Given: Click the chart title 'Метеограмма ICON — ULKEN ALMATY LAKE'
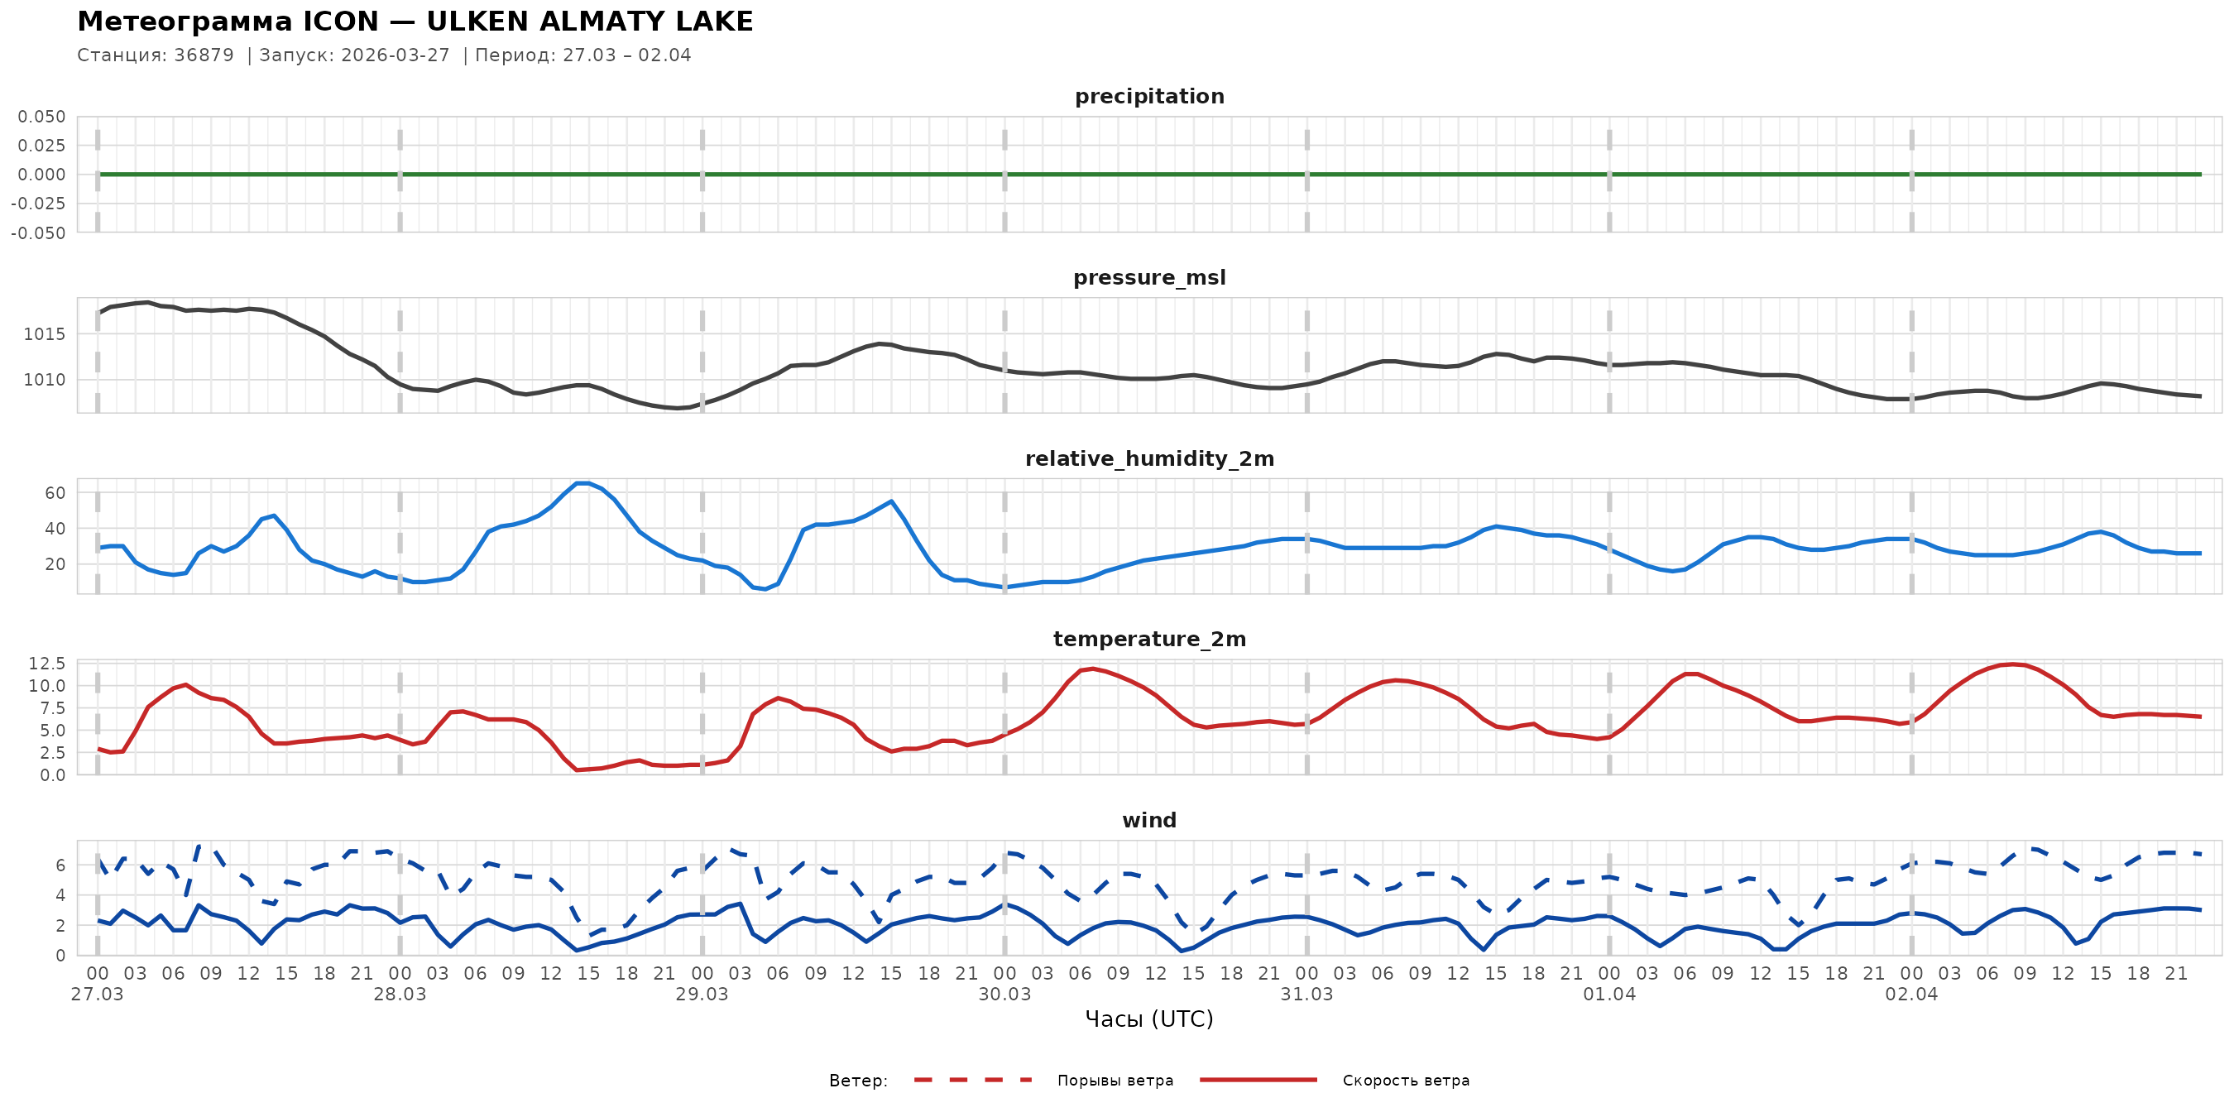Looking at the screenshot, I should click(x=415, y=22).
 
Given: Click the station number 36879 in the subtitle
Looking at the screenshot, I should click(x=204, y=55).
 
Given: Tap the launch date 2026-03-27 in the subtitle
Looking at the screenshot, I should click(x=395, y=55).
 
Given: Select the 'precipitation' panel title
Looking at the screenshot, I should click(x=1149, y=96).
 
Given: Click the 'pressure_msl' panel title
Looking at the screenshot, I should click(x=1149, y=277).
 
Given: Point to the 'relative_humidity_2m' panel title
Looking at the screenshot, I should click(x=1149, y=458).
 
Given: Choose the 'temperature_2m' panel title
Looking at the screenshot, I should click(x=1149, y=639).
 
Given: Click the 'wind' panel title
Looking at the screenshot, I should click(x=1149, y=821).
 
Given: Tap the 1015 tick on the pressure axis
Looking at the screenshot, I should click(x=43, y=334).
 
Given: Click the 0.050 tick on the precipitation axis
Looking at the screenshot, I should click(x=41, y=116).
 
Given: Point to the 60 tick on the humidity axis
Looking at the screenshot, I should click(x=55, y=492).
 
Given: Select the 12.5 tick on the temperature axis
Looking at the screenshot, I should click(x=47, y=664).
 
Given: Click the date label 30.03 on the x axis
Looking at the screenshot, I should click(x=1004, y=995).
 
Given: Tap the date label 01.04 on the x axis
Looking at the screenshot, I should click(x=1608, y=995).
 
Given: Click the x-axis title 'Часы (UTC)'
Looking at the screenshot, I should click(x=1149, y=1019).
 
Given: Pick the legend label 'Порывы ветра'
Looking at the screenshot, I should click(x=1115, y=1081).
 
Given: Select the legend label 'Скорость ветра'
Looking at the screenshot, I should click(x=1405, y=1081).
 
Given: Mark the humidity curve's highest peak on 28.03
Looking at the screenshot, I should click(x=582, y=483).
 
